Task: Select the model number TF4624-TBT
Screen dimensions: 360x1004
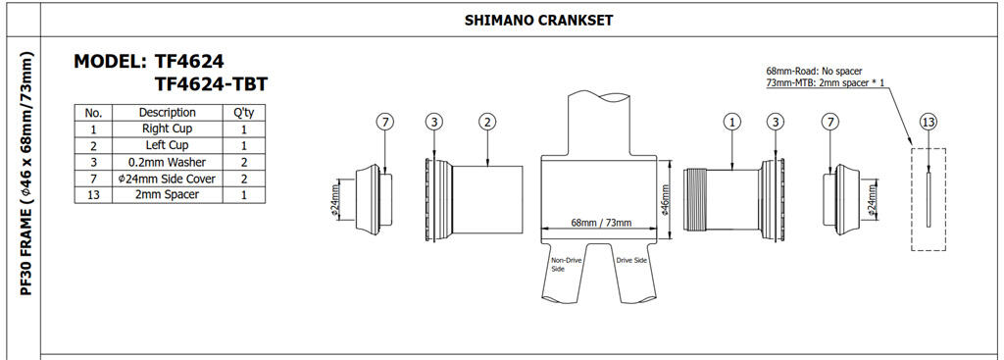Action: (211, 85)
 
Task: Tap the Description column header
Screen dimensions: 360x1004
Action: (167, 113)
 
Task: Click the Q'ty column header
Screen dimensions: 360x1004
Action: (242, 113)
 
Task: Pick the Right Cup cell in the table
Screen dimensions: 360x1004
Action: (167, 129)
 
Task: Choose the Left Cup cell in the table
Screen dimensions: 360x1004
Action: (167, 145)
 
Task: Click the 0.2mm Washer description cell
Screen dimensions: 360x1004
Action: (167, 162)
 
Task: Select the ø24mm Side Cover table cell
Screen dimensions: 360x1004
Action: (167, 178)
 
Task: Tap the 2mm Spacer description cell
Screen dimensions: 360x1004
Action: (167, 194)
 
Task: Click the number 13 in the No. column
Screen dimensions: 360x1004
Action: (94, 194)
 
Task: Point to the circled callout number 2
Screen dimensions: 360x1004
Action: (486, 122)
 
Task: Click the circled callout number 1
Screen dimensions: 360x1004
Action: (731, 122)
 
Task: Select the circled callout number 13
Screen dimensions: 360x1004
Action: (928, 122)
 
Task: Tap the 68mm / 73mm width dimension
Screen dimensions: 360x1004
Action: (601, 224)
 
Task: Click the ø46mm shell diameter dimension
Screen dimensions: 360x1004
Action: (666, 200)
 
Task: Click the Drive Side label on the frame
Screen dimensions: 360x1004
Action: (632, 260)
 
